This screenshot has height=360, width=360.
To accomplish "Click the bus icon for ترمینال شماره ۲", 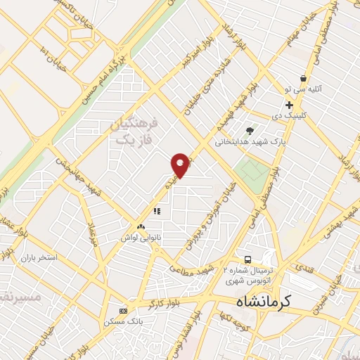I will pyautogui.click(x=248, y=259).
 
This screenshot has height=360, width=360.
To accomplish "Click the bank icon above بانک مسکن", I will pyautogui.click(x=124, y=311).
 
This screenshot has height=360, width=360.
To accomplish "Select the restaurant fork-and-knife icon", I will pyautogui.click(x=156, y=210).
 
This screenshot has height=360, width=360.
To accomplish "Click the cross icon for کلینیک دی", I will pyautogui.click(x=289, y=105).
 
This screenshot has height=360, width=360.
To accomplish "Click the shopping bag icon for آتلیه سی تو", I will pyautogui.click(x=303, y=79).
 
